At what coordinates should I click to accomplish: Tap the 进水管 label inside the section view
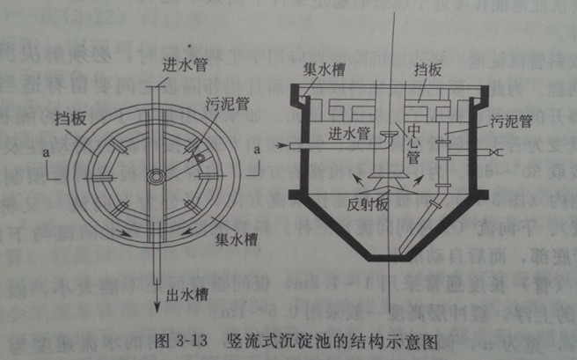pos(347,135)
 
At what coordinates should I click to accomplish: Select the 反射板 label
pos(366,205)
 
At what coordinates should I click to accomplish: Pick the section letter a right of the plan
pos(256,151)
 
